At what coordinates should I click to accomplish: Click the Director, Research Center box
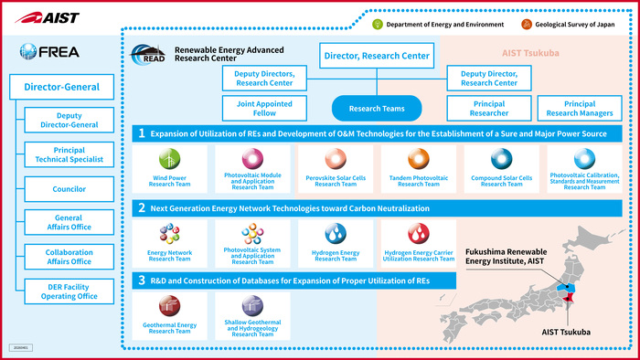(377, 57)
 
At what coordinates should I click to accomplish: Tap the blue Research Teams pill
(377, 110)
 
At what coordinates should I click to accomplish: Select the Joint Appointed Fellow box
(257, 110)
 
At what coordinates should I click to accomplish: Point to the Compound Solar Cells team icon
(501, 158)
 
